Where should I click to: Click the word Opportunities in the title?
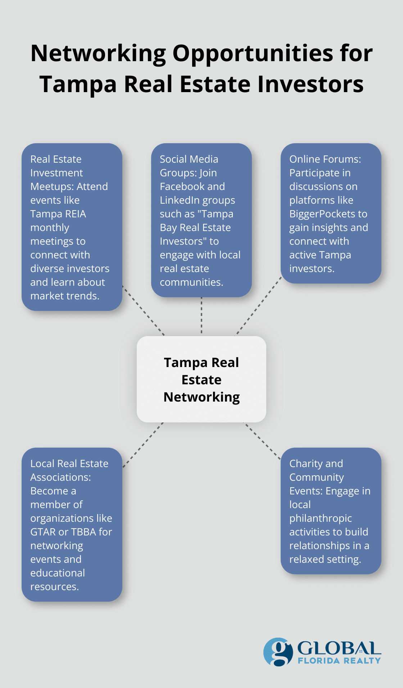253,54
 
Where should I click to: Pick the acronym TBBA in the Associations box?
83,532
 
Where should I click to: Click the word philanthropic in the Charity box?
320,518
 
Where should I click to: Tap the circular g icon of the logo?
277,652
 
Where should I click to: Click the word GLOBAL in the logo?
339,648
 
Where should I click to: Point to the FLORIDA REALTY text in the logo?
339,661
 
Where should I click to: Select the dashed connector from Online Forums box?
258,306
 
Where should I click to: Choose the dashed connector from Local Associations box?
143,445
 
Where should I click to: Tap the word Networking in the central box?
201,397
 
